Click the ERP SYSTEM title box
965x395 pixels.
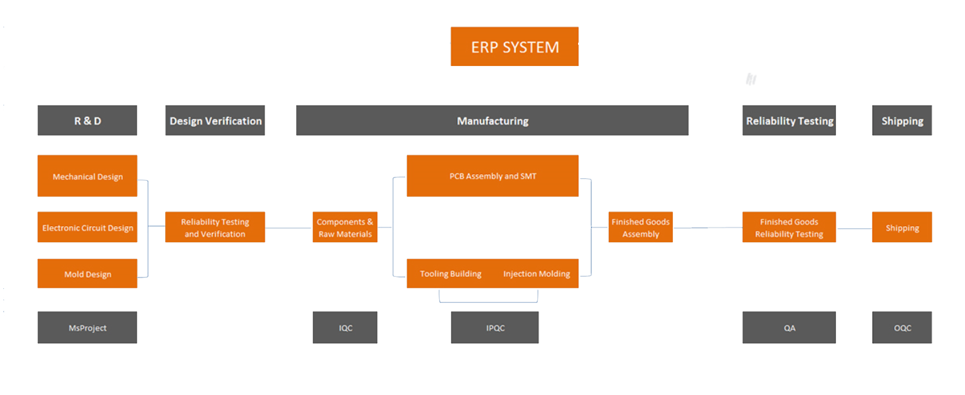tap(515, 47)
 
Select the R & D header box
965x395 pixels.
tap(88, 121)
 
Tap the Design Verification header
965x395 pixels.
tap(215, 121)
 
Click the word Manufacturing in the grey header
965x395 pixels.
tap(493, 121)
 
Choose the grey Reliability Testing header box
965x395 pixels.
tap(789, 121)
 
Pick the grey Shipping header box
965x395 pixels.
tap(902, 121)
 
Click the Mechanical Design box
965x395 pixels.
tap(88, 176)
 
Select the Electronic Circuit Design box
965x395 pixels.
tap(88, 227)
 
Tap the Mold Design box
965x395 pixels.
tap(88, 274)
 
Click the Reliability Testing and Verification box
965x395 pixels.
tap(215, 227)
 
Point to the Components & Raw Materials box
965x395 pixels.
tap(345, 227)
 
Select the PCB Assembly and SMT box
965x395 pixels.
tap(493, 176)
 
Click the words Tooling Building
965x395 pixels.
tap(450, 274)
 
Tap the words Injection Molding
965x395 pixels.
tap(537, 274)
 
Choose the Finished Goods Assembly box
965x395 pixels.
tap(641, 227)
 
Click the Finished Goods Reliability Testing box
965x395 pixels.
tap(789, 227)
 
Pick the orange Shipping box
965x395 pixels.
tap(902, 227)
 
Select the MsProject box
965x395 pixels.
tap(88, 328)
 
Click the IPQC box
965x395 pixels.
tap(495, 328)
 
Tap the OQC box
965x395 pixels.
tap(902, 328)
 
